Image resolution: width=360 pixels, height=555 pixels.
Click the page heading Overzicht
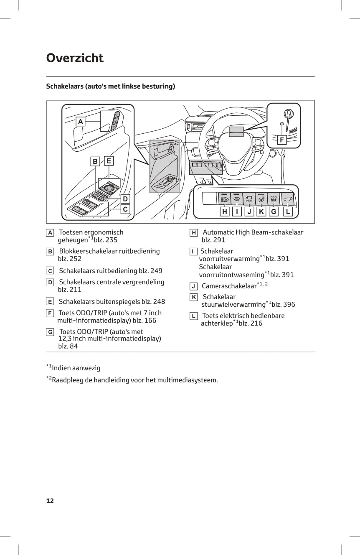(x=75, y=58)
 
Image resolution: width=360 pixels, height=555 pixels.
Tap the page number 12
(x=50, y=501)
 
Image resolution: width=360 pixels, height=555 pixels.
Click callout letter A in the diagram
(x=81, y=122)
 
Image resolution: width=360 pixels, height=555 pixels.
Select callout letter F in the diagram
(x=282, y=140)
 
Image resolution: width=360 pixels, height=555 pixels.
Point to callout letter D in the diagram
(x=125, y=199)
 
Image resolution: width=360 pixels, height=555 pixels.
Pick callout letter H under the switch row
(x=225, y=212)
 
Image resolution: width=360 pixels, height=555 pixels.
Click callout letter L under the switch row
(x=287, y=212)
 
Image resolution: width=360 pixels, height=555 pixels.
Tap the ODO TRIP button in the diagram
(x=274, y=199)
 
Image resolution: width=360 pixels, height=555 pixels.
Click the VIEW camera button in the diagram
(x=249, y=199)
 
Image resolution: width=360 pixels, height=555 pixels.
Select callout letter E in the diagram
(x=109, y=160)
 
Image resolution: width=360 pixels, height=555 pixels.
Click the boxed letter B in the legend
(x=50, y=252)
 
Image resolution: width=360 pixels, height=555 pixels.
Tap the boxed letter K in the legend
(x=194, y=297)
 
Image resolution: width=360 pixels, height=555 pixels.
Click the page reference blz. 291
(x=213, y=240)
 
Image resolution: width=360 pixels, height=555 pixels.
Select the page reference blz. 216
(x=251, y=323)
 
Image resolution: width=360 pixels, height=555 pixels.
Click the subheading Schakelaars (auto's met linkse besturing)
(x=110, y=87)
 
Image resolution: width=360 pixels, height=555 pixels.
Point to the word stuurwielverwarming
(x=233, y=305)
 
